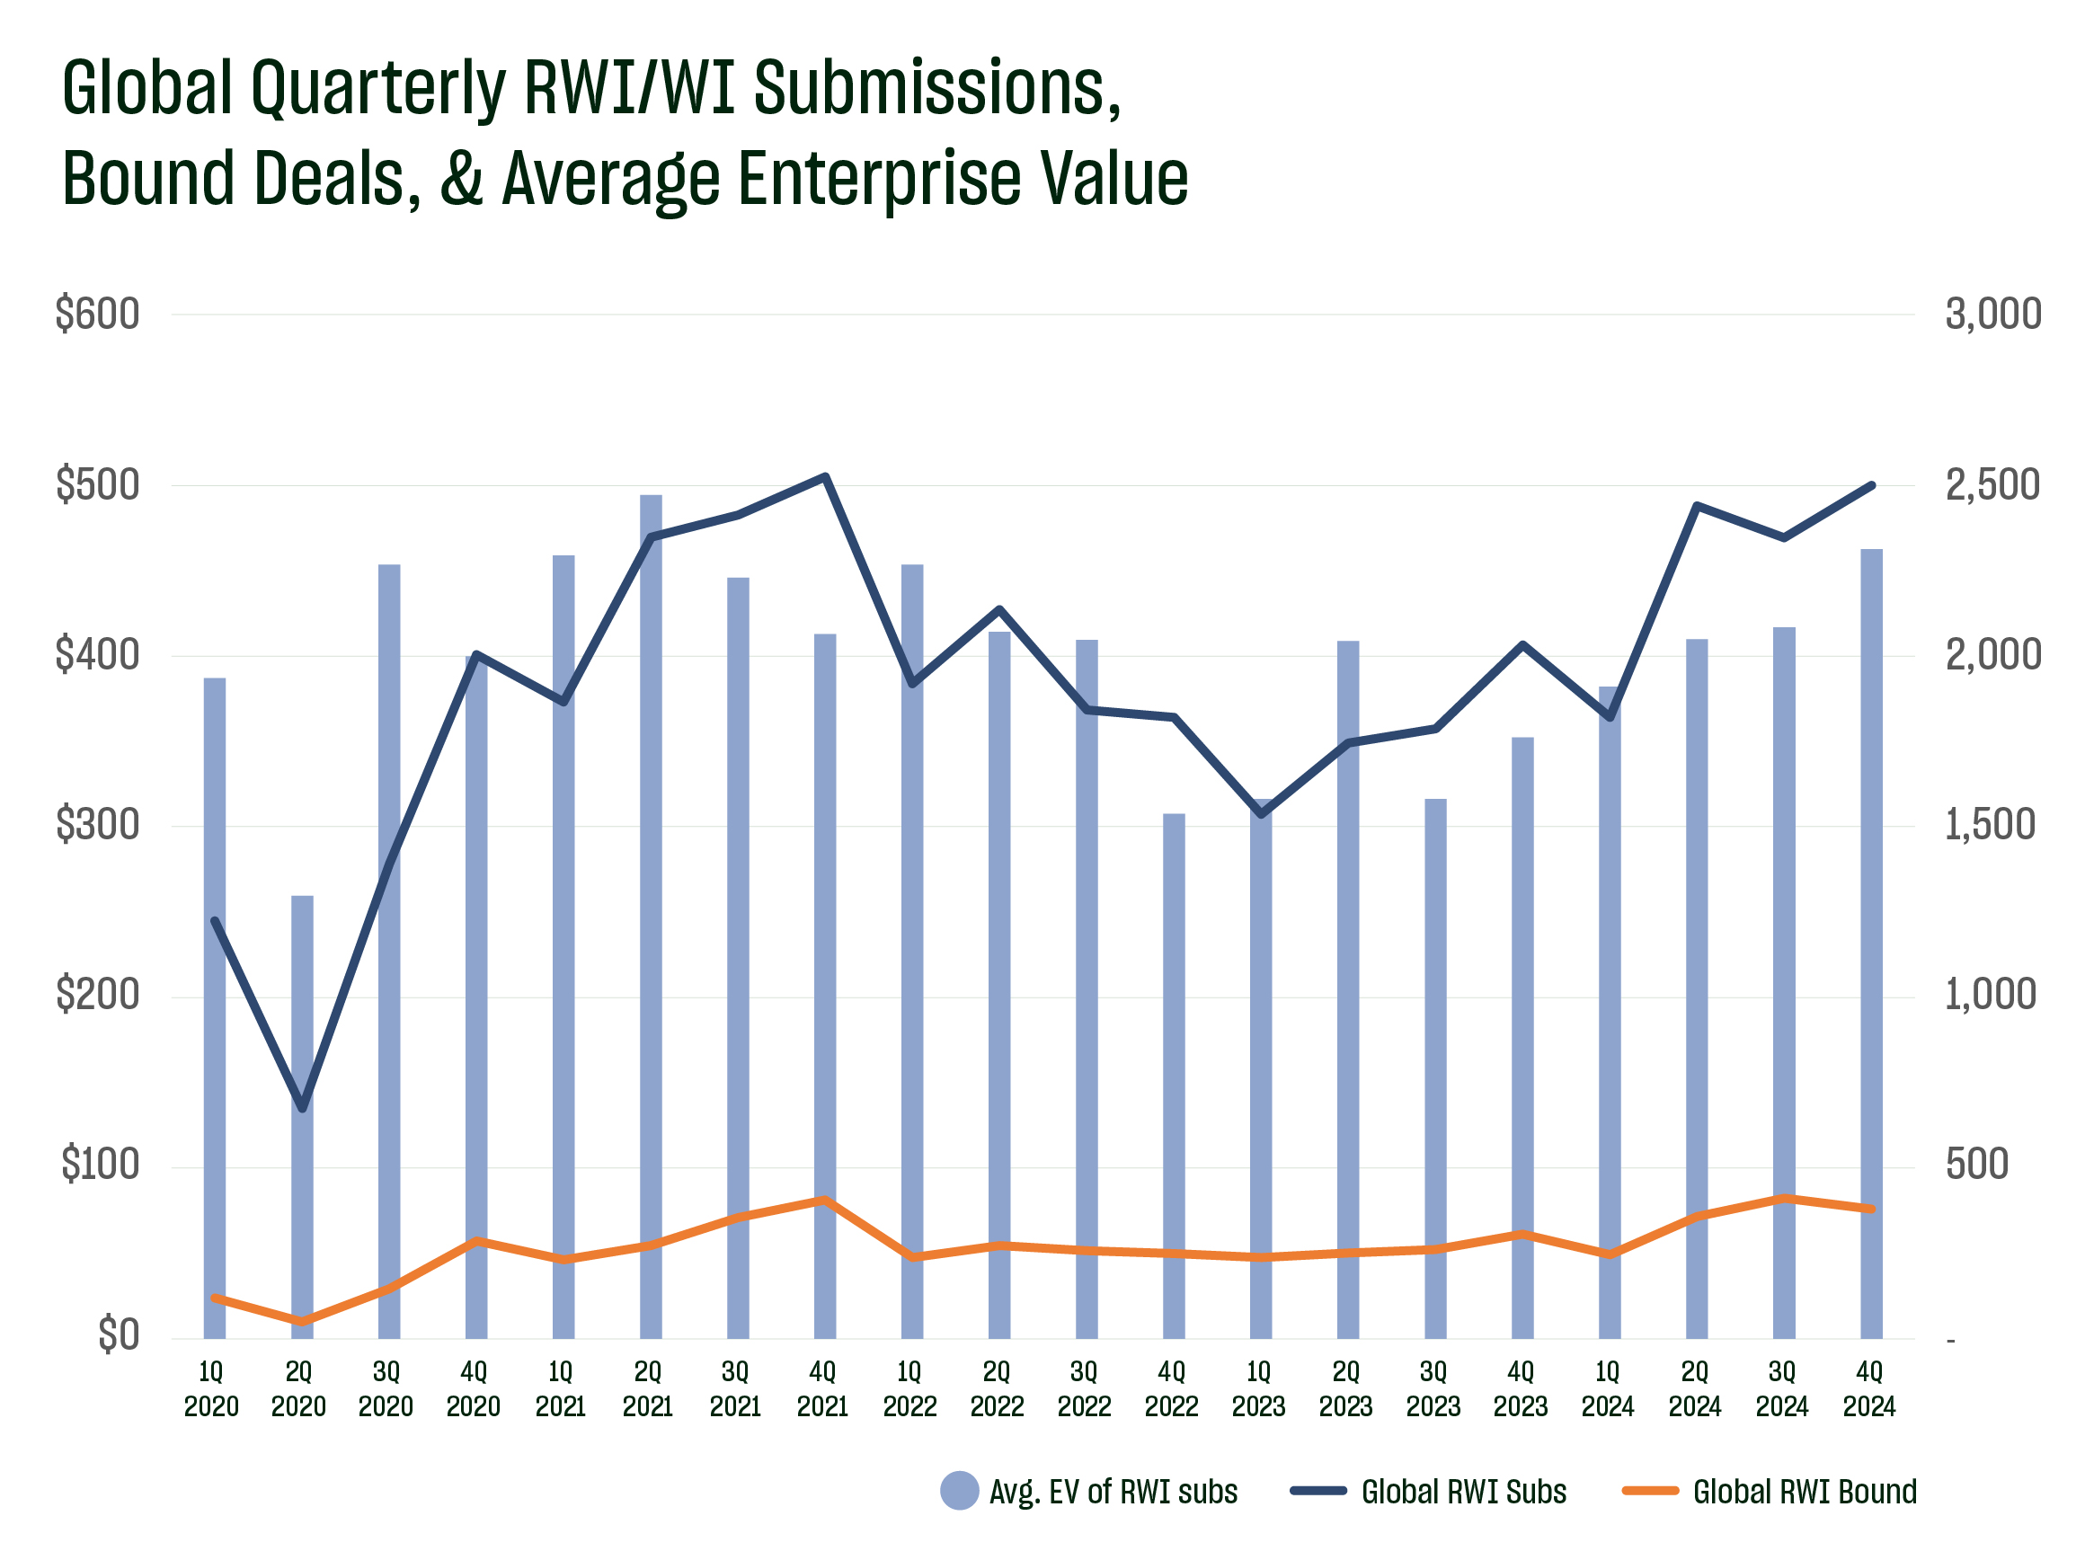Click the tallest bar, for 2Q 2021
pyautogui.click(x=651, y=917)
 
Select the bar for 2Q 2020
pyautogui.click(x=302, y=1117)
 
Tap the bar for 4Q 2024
pyautogui.click(x=1871, y=944)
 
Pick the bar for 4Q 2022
pyautogui.click(x=1174, y=1076)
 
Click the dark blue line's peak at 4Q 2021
pyautogui.click(x=825, y=477)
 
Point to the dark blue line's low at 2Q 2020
pyautogui.click(x=303, y=1108)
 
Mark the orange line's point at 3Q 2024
pyautogui.click(x=1783, y=1198)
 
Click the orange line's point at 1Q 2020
pyautogui.click(x=215, y=1298)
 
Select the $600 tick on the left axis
pyautogui.click(x=97, y=314)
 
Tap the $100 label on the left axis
pyautogui.click(x=100, y=1165)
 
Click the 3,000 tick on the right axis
pyautogui.click(x=1993, y=314)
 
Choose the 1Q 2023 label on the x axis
pyautogui.click(x=1258, y=1389)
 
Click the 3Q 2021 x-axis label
pyautogui.click(x=735, y=1389)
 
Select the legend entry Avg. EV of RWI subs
pyautogui.click(x=1088, y=1491)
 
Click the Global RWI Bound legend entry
pyautogui.click(x=1770, y=1491)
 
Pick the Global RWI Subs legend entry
pyautogui.click(x=1428, y=1491)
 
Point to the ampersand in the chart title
pyautogui.click(x=462, y=176)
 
